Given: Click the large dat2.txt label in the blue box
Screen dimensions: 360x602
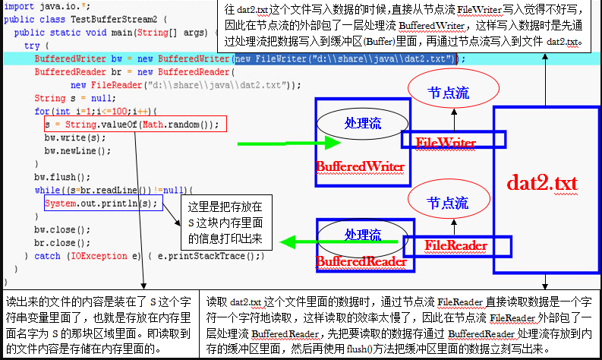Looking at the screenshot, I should click(544, 183).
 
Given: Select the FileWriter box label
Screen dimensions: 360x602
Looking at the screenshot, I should click(446, 142).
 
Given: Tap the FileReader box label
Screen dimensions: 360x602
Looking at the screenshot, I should click(455, 245).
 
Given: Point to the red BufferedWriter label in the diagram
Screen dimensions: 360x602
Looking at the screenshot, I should click(359, 166).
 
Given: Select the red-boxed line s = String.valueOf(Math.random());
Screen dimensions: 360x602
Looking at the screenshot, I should click(131, 125).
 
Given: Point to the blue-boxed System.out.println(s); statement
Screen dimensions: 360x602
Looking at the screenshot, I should click(102, 204).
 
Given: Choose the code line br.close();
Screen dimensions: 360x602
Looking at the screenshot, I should click(55, 243).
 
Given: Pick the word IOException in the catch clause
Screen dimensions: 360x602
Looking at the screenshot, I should click(90, 257).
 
